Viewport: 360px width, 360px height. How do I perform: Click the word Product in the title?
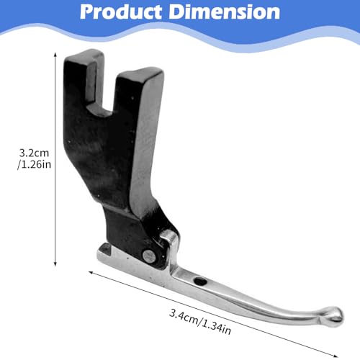pos(121,12)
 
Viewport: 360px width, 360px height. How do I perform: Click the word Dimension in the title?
pos(225,12)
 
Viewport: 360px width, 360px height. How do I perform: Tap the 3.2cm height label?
pos(34,153)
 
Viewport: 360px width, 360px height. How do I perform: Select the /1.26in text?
pos(34,165)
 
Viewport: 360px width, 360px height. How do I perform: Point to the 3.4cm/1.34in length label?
pos(200,322)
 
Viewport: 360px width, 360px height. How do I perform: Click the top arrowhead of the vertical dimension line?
pos(55,54)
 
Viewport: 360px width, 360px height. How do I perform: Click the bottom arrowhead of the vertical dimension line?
pos(55,264)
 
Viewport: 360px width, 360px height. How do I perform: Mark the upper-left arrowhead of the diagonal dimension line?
pos(91,272)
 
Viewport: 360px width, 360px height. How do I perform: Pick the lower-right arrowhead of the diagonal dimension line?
pos(336,356)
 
